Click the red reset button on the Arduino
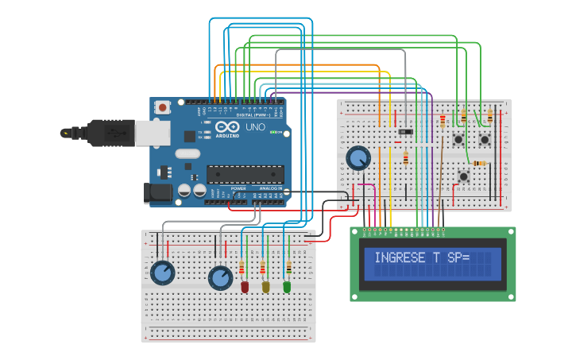click(163, 106)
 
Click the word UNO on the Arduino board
click(255, 127)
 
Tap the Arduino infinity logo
click(226, 127)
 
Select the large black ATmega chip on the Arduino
click(245, 174)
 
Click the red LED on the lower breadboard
click(245, 286)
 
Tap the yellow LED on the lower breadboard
click(265, 286)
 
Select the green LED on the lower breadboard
click(287, 286)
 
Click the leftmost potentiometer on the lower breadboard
click(163, 273)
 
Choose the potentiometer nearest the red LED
click(220, 278)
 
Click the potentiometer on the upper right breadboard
click(358, 158)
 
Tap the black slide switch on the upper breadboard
click(406, 130)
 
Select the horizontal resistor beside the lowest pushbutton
click(481, 164)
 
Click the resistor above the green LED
click(288, 267)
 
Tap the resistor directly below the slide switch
click(406, 158)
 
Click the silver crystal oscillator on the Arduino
click(187, 153)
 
